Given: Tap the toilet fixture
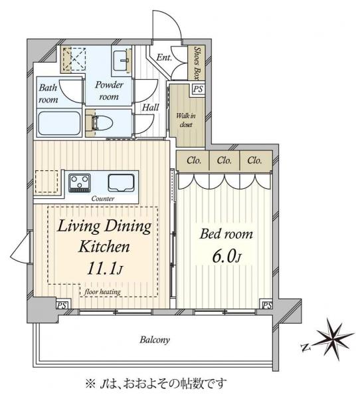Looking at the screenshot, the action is pyautogui.click(x=102, y=124).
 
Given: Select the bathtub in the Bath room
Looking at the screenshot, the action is pyautogui.click(x=59, y=124).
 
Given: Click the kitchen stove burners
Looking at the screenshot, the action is pyautogui.click(x=80, y=183).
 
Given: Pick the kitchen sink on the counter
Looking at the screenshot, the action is pyautogui.click(x=121, y=183).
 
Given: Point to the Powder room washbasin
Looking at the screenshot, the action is pyautogui.click(x=122, y=61).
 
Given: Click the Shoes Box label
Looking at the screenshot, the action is pyautogui.click(x=196, y=63).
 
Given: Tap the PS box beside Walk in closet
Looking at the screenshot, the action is pyautogui.click(x=198, y=89).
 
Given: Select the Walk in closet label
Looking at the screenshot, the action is pyautogui.click(x=186, y=120).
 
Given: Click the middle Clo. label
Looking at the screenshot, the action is pyautogui.click(x=225, y=160).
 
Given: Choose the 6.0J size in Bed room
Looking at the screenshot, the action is pyautogui.click(x=226, y=257).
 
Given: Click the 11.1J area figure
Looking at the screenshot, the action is pyautogui.click(x=105, y=269).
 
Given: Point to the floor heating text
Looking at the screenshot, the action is pyautogui.click(x=102, y=292).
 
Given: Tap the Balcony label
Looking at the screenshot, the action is pyautogui.click(x=155, y=340).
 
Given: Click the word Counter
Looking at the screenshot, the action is pyautogui.click(x=103, y=198).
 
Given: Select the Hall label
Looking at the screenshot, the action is pyautogui.click(x=150, y=107).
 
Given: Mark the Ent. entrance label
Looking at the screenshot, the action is pyautogui.click(x=164, y=57).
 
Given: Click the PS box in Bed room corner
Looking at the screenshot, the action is pyautogui.click(x=267, y=305).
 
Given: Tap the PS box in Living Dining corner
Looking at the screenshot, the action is pyautogui.click(x=62, y=305).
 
